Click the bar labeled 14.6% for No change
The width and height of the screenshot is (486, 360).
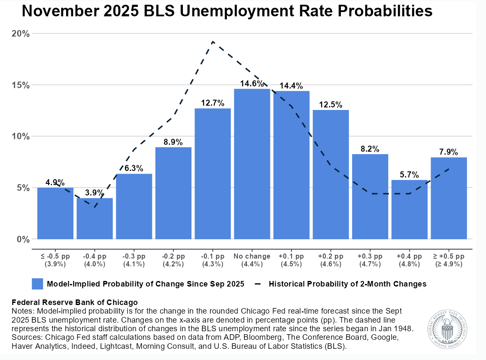pyautogui.click(x=252, y=164)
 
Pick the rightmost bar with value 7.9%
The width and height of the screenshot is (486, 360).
pyautogui.click(x=449, y=198)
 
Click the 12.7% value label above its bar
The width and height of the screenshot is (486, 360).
pyautogui.click(x=213, y=103)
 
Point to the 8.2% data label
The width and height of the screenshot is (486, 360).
pyautogui.click(x=370, y=149)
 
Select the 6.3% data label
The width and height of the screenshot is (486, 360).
pyautogui.click(x=134, y=168)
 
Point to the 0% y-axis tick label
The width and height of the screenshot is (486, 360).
pyautogui.click(x=23, y=239)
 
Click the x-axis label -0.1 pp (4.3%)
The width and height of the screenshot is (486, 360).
pyautogui.click(x=213, y=260)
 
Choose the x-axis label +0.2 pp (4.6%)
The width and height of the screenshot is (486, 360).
pyautogui.click(x=331, y=260)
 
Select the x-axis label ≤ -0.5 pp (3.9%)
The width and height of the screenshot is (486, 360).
pyautogui.click(x=55, y=260)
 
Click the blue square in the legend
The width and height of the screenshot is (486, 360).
pyautogui.click(x=37, y=284)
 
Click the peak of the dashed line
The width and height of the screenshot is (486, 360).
pyautogui.click(x=213, y=42)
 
